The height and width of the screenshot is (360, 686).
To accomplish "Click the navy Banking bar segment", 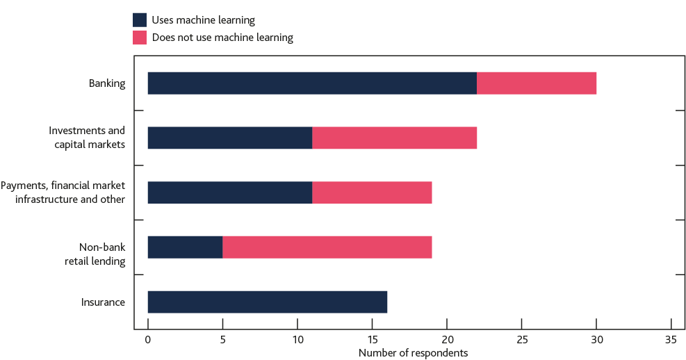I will point(311,83).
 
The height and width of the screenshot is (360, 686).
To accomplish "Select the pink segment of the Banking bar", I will point(537,83).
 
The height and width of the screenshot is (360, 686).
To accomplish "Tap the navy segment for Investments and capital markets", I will point(229,138).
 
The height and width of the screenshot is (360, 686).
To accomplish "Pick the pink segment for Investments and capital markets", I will point(395,138).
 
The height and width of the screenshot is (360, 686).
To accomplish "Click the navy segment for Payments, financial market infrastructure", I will point(229,193).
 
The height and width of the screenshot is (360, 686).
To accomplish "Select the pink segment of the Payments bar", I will point(372,193).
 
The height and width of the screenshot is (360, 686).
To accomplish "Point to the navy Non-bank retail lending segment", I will point(185,247).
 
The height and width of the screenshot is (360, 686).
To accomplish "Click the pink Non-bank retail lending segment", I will point(327,247).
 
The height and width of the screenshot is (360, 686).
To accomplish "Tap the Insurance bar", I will point(267,302).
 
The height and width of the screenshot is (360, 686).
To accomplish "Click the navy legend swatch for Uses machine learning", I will point(140,20).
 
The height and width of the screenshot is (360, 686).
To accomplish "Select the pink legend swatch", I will point(140,38).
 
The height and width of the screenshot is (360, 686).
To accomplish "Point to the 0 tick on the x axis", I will point(147,341).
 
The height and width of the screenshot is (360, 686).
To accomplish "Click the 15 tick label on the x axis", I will point(372,341).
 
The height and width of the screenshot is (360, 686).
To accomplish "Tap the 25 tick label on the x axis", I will point(521,341).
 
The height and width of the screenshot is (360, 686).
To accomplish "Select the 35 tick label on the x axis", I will point(671,341).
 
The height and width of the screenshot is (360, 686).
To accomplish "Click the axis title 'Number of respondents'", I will point(413,353).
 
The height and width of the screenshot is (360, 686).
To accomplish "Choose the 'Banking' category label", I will point(106,83).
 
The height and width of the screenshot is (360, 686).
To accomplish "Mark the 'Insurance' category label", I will point(103,302).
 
